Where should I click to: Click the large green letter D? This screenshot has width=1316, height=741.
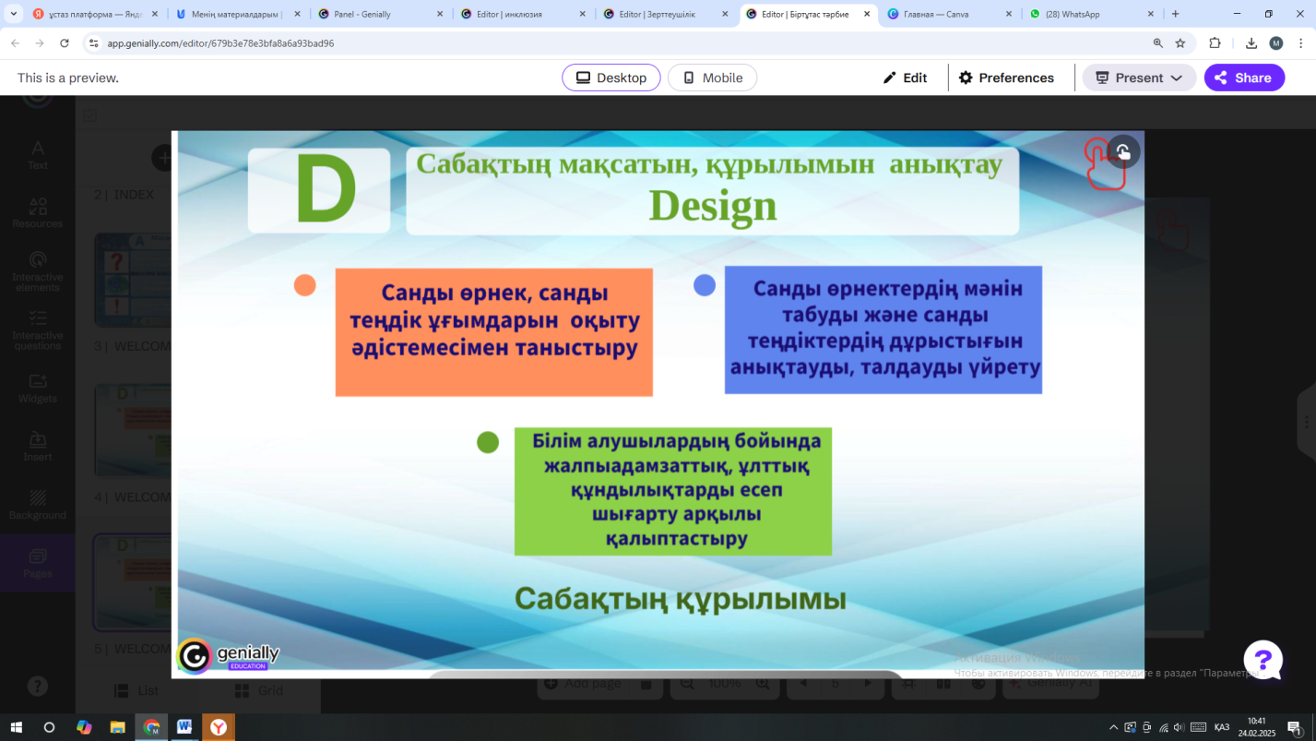[326, 190]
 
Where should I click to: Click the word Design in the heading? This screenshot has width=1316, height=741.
[713, 206]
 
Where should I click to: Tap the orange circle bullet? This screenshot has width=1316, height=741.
[305, 285]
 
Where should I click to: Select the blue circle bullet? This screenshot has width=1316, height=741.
[705, 285]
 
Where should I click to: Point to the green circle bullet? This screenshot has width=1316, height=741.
[488, 443]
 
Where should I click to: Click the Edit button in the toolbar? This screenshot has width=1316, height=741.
[905, 78]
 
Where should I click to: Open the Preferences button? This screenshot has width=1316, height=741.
[1006, 78]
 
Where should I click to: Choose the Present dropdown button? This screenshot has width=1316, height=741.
[1139, 78]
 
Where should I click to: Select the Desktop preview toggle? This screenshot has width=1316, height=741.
[611, 78]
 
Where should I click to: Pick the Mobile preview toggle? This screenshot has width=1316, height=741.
[712, 78]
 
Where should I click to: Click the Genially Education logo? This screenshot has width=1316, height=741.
[228, 656]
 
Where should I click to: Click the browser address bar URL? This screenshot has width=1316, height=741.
[220, 43]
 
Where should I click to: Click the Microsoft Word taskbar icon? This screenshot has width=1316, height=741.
[184, 727]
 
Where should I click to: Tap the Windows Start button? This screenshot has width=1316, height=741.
[16, 727]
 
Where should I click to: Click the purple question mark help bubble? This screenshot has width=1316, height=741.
[1263, 661]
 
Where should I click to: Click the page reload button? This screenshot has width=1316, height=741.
[65, 43]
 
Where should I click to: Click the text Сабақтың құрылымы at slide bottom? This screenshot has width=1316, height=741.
[680, 599]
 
